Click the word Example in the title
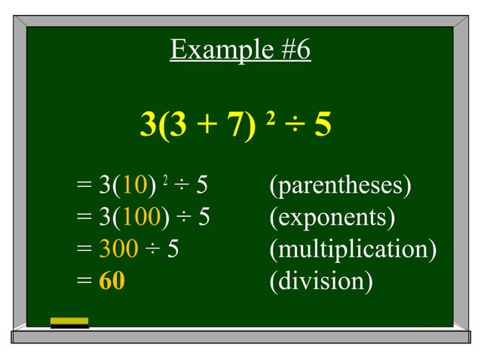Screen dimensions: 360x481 (x=208, y=50)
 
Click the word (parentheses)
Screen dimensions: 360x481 (x=340, y=185)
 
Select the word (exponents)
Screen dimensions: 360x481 (x=332, y=218)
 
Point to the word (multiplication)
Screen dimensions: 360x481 (x=353, y=249)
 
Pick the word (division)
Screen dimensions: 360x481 (x=321, y=282)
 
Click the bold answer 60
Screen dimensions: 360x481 (x=112, y=282)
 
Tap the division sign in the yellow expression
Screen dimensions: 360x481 (x=293, y=126)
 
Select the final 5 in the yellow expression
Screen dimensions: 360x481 (x=322, y=125)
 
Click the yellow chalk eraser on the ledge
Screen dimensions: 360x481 (x=69, y=323)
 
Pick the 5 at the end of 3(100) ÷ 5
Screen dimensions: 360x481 (x=204, y=218)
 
